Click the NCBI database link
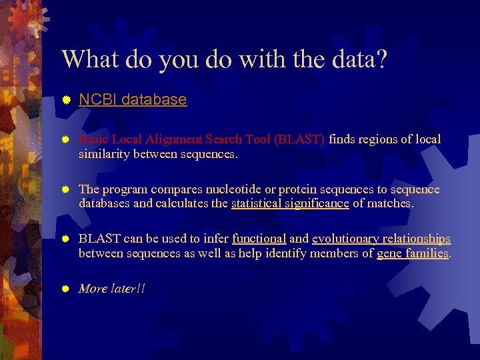click(x=133, y=100)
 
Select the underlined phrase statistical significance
click(x=290, y=204)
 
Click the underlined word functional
click(x=259, y=239)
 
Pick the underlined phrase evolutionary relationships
click(x=381, y=239)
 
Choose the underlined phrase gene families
click(x=413, y=253)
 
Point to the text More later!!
click(x=112, y=289)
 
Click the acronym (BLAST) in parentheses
click(x=299, y=140)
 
